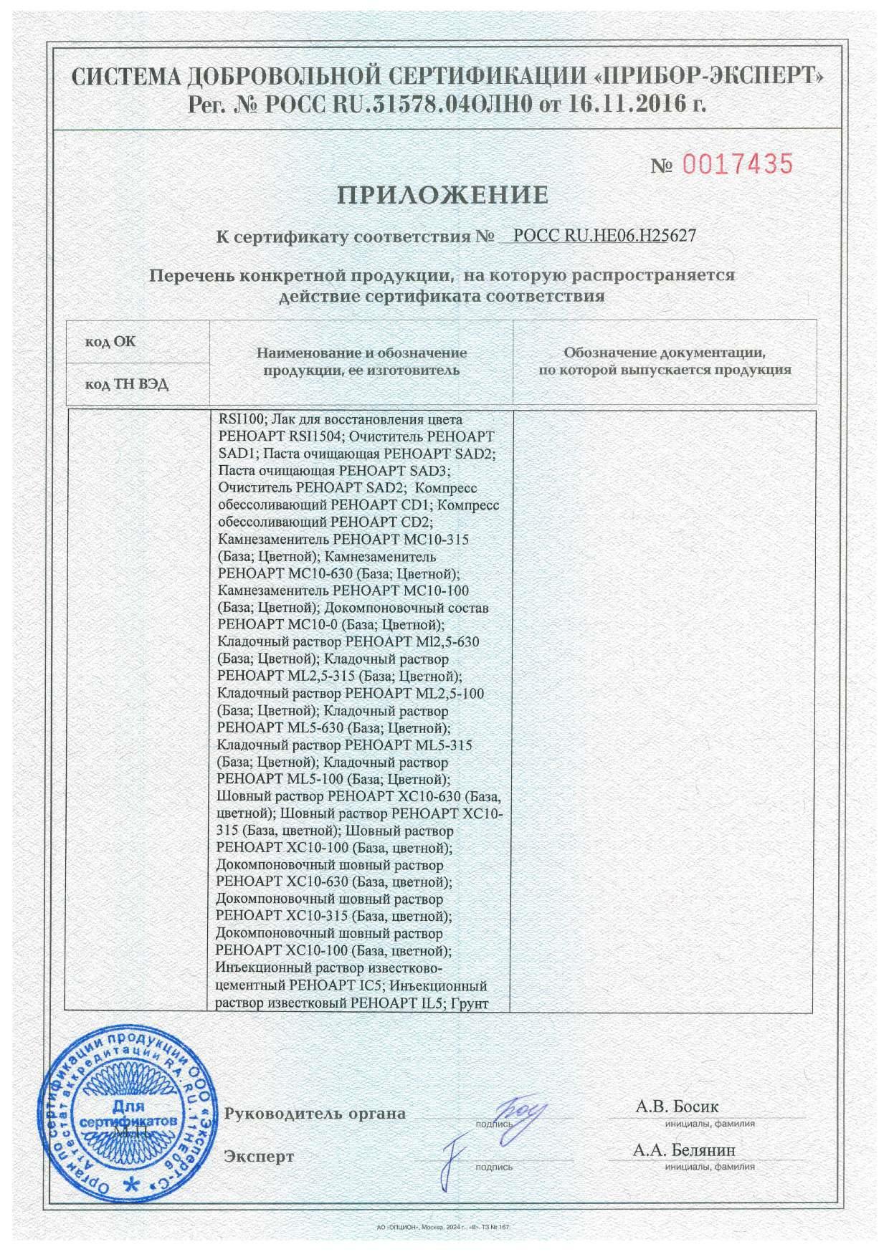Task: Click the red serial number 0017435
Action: [x=737, y=165]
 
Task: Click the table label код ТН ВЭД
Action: [x=127, y=385]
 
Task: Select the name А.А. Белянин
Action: [x=684, y=1150]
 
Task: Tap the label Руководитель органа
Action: [x=315, y=1114]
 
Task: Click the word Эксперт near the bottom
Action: [x=259, y=1157]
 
